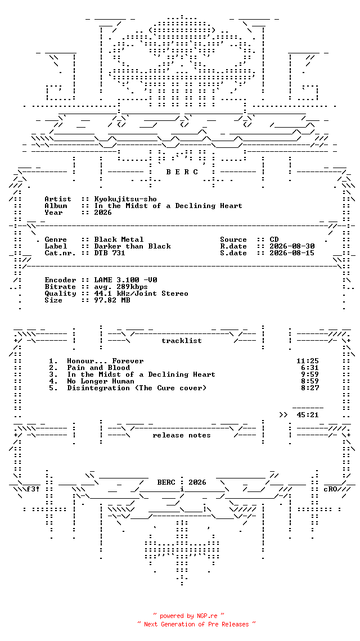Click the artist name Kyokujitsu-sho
tap(125, 199)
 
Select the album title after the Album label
tap(168, 206)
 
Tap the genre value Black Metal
tap(119, 240)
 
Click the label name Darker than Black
tap(133, 246)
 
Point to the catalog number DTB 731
tap(110, 253)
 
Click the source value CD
tap(274, 240)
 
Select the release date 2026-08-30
tap(292, 246)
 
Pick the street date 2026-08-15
tap(292, 253)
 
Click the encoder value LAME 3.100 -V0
tap(125, 280)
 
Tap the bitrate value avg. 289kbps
tap(121, 287)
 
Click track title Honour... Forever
tap(106, 361)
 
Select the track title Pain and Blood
tap(98, 368)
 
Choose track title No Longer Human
tap(101, 381)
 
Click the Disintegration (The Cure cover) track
tap(137, 388)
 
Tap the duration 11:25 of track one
tap(308, 361)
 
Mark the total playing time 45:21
tap(308, 415)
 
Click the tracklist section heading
tap(182, 341)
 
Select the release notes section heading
tap(182, 435)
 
